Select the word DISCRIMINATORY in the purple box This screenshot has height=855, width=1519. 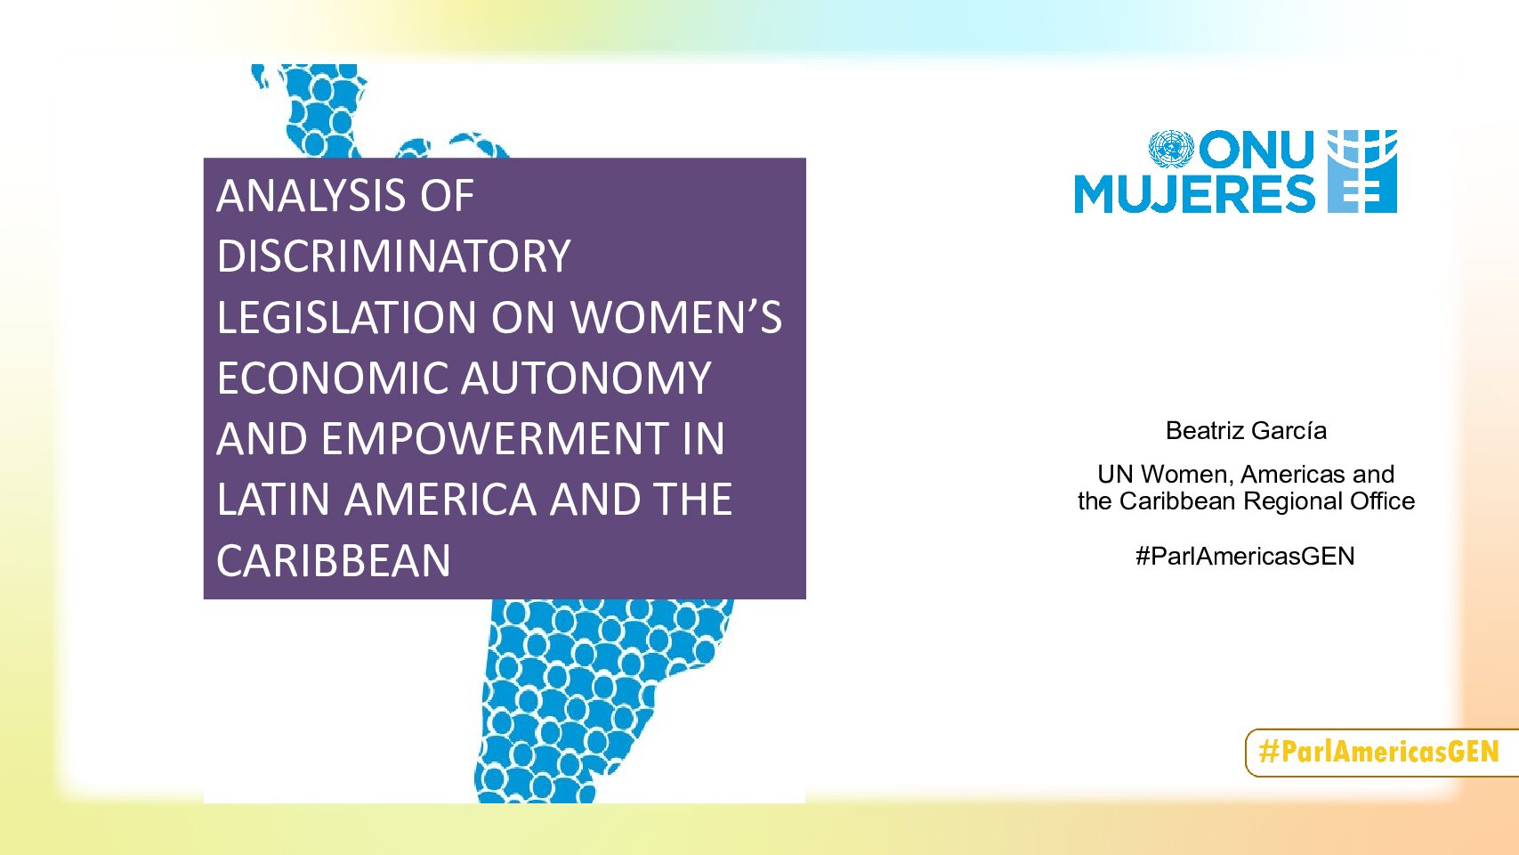pos(393,256)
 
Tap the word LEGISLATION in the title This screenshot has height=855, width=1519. pos(347,317)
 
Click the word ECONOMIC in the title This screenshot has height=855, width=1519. pos(332,378)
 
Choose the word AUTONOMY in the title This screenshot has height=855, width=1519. pos(586,378)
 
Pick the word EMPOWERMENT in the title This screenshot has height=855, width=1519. pos(495,438)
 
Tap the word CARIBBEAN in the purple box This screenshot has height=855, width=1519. pos(334,560)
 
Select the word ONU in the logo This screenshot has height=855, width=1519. pos(1256,150)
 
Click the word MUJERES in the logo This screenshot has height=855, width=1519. pos(1195,194)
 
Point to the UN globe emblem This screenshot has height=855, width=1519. pos(1171,150)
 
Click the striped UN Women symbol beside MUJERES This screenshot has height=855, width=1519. pos(1361,171)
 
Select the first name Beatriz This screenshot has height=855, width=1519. pos(1204,431)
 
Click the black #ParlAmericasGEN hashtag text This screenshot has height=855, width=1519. pos(1245,557)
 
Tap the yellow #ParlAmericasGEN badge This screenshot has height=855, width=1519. pos(1382,753)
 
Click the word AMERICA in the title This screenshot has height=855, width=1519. pos(441,500)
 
